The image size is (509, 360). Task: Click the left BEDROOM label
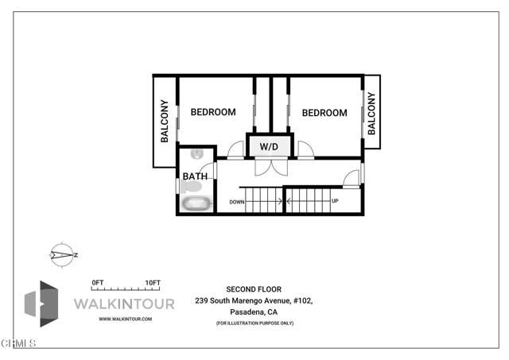[x=212, y=112]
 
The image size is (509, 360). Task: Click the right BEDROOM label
[x=324, y=113]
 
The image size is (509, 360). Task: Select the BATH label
[x=195, y=176]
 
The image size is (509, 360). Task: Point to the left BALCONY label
[x=165, y=121]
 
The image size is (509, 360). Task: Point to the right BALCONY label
[x=371, y=114]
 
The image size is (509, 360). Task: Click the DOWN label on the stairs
[x=236, y=202]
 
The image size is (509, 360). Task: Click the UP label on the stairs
[x=335, y=201]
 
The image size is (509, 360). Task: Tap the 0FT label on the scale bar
[x=99, y=283]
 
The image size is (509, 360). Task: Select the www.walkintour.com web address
[x=125, y=319]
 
